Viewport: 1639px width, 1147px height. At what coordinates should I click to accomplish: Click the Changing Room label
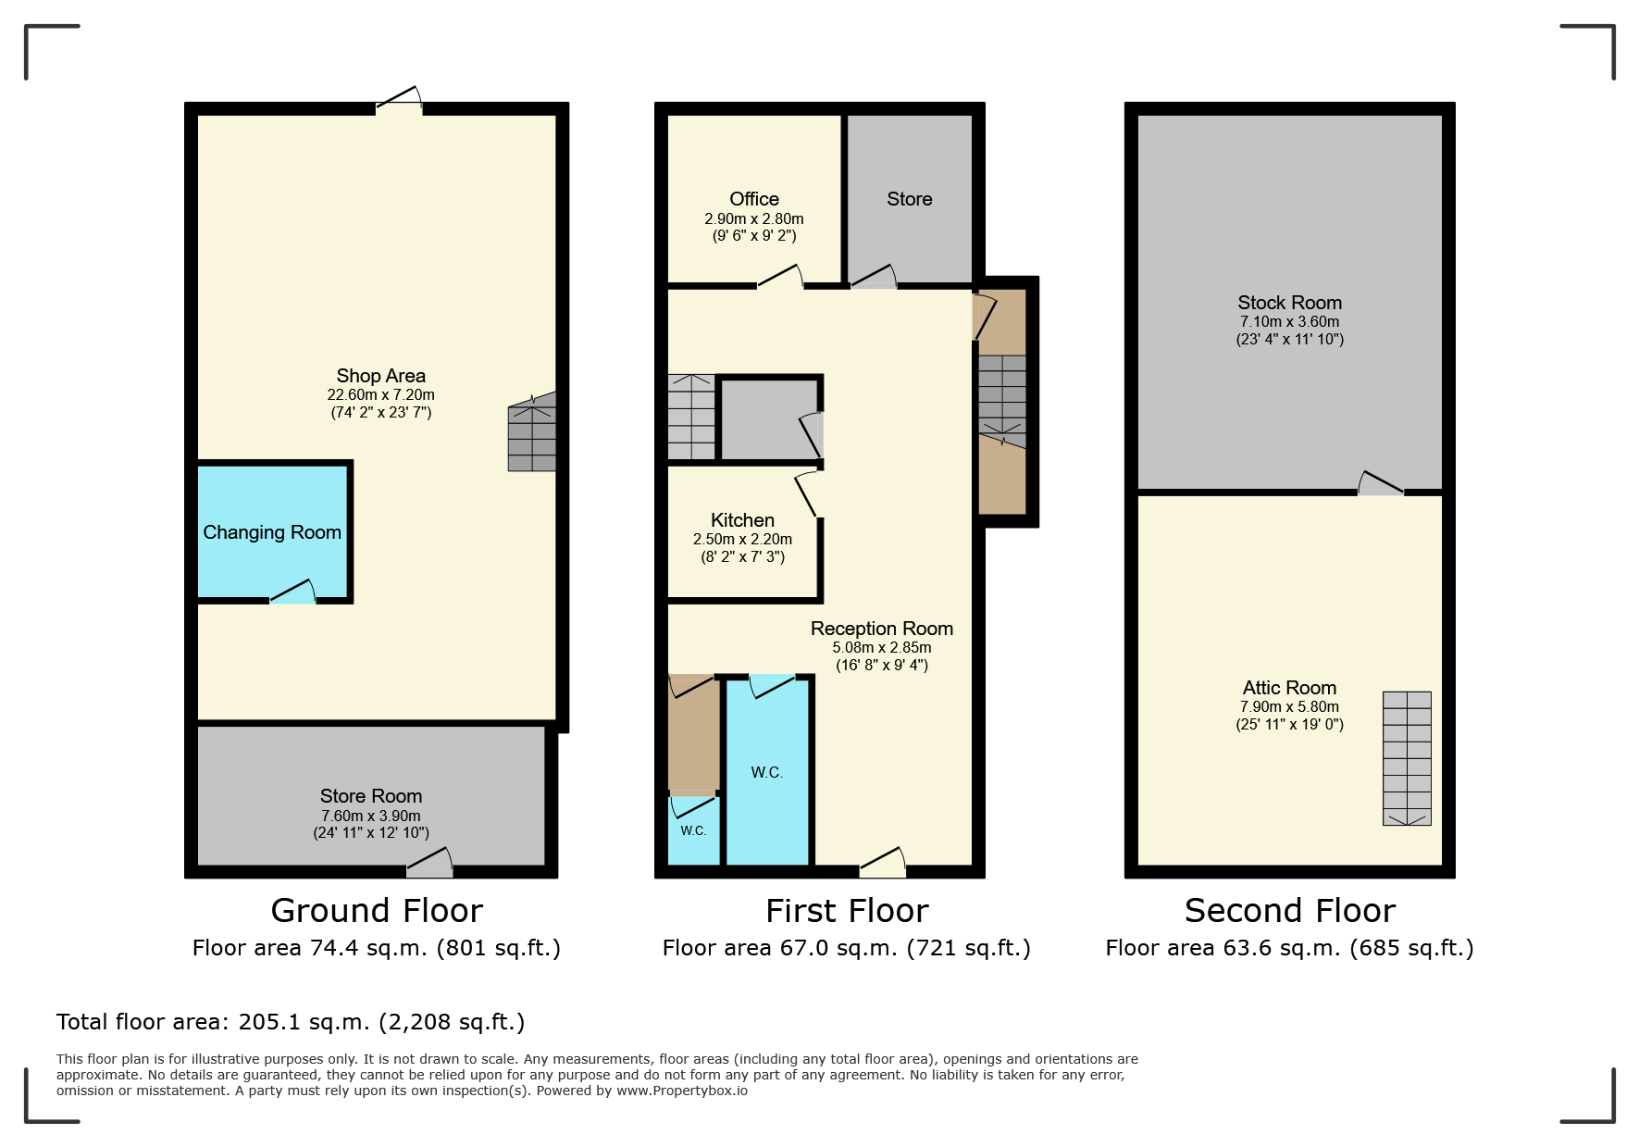(x=272, y=532)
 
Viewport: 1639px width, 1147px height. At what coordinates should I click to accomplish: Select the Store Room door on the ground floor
(x=430, y=863)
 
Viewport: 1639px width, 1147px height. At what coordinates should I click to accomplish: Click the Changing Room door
(x=292, y=592)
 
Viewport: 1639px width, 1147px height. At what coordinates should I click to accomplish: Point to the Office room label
(x=754, y=199)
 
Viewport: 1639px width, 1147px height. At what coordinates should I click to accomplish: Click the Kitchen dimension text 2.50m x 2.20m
(x=742, y=539)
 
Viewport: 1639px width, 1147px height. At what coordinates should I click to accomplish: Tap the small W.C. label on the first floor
(x=693, y=830)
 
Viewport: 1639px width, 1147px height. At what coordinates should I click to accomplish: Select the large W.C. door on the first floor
(x=772, y=687)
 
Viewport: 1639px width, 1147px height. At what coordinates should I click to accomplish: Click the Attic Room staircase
(x=1407, y=758)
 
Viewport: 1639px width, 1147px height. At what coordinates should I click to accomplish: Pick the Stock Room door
(x=1381, y=483)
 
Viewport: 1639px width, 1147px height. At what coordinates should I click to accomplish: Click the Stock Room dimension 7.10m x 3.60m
(x=1289, y=322)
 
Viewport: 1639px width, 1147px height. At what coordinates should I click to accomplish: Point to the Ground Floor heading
(x=377, y=911)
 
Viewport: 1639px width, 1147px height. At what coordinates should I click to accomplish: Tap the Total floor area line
(x=291, y=1022)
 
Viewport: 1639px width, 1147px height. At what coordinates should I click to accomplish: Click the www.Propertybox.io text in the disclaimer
(x=682, y=1091)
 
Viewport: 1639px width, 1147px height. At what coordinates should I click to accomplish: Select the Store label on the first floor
(x=909, y=199)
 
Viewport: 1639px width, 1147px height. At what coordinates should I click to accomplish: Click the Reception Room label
(x=882, y=629)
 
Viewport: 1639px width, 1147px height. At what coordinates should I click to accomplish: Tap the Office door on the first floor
(x=780, y=277)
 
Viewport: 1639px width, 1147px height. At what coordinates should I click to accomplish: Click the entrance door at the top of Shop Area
(x=399, y=100)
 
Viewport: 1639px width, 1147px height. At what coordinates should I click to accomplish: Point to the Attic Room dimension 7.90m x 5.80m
(x=1289, y=707)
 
